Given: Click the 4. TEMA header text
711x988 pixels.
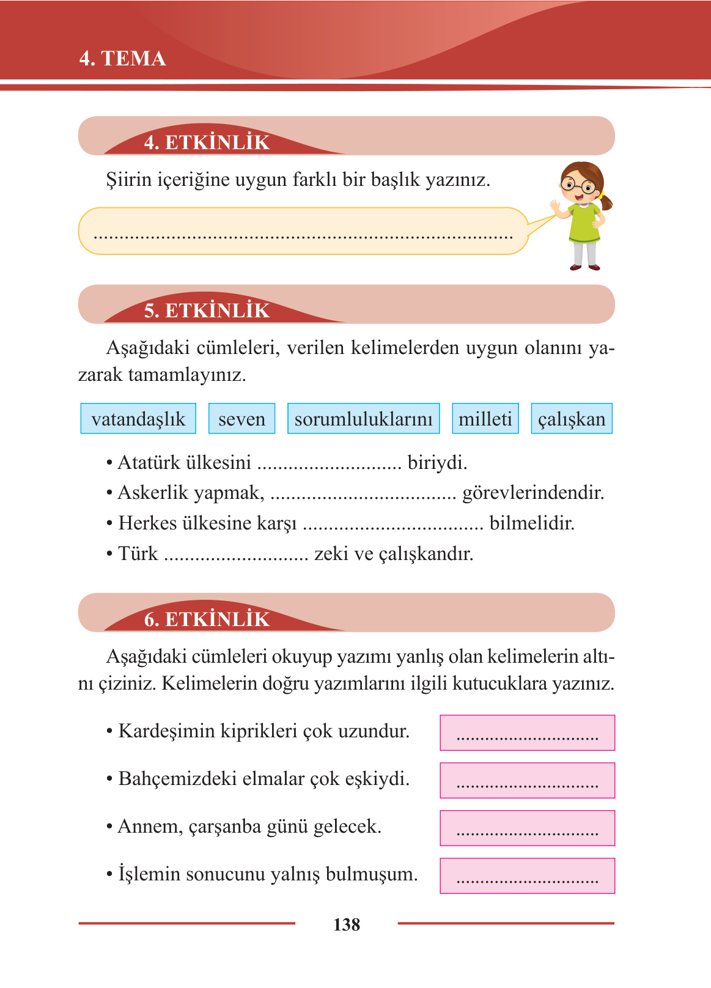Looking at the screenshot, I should click(122, 59).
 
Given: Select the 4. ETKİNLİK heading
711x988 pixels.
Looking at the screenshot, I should click(207, 142).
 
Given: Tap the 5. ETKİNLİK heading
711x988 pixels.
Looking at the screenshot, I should click(207, 311).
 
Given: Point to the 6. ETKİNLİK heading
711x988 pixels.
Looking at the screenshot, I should click(207, 619).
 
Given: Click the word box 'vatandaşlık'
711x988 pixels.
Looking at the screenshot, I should click(138, 419).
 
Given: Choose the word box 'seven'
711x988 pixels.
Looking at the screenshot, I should click(241, 419).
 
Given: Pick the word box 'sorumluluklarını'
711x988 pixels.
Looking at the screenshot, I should click(363, 419).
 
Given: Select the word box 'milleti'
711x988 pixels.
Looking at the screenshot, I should click(485, 419).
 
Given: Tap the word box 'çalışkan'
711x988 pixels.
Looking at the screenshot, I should click(572, 419).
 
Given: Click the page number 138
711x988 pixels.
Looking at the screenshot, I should click(347, 924).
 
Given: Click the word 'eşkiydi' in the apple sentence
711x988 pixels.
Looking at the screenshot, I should click(377, 779).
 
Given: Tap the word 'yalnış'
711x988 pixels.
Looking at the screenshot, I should click(289, 874).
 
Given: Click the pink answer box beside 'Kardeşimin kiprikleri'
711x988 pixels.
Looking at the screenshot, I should click(527, 732).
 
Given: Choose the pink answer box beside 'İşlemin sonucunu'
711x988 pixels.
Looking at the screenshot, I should click(527, 876).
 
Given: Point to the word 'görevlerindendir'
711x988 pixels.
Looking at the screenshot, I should click(533, 493).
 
